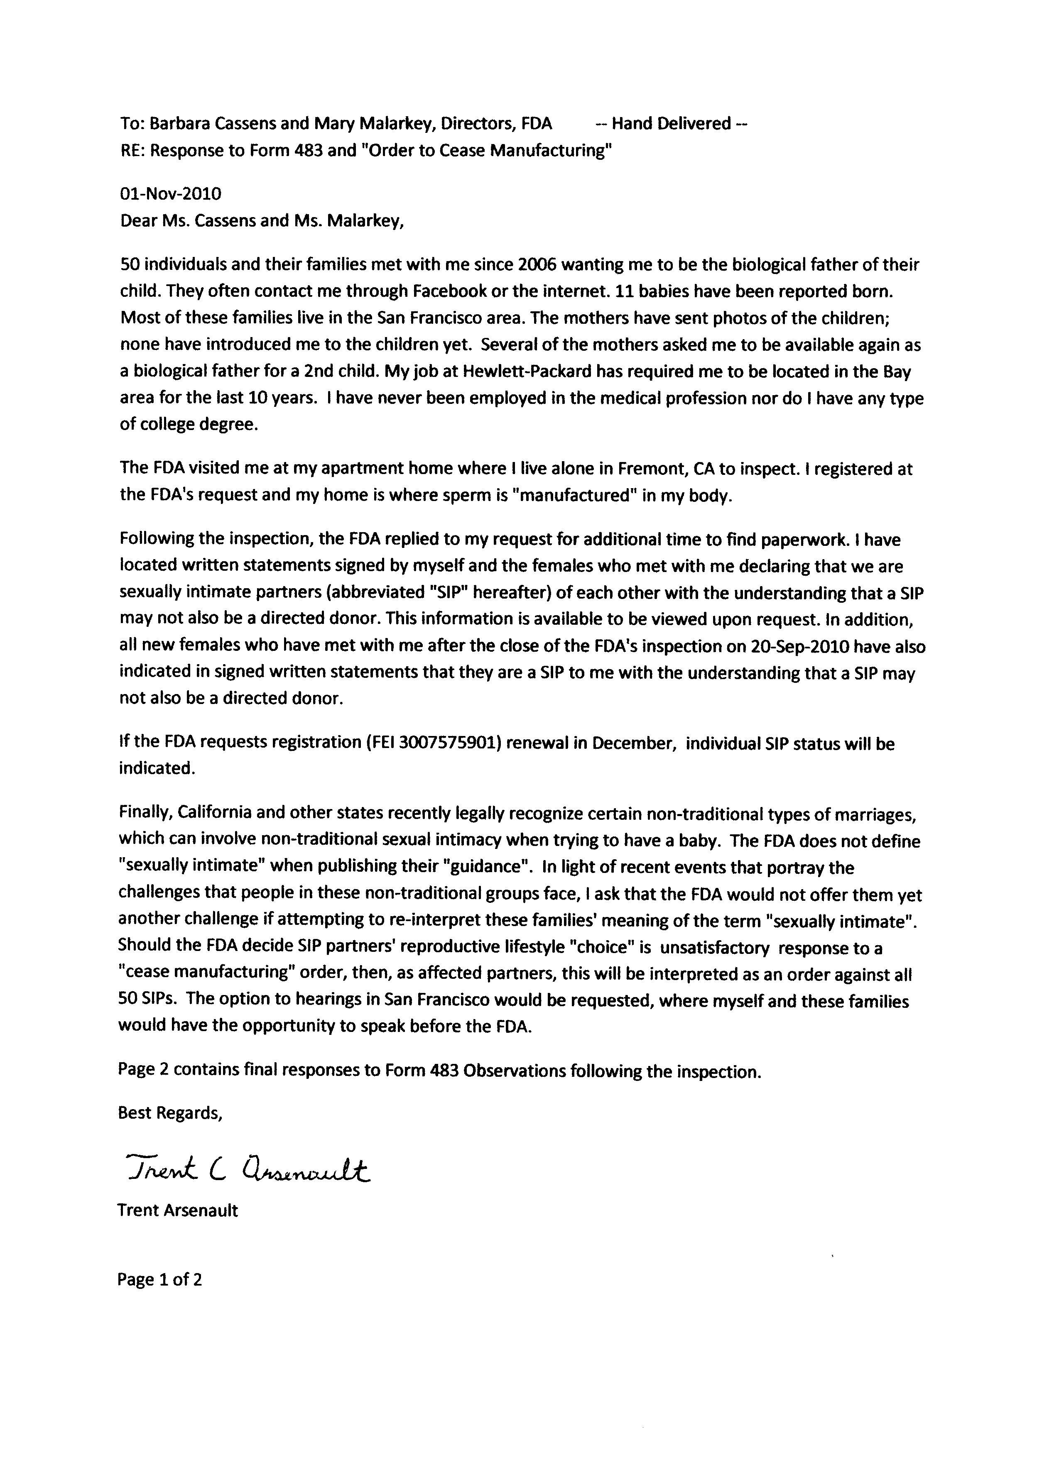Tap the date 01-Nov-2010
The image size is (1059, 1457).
(x=170, y=193)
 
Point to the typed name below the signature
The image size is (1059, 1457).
(x=177, y=1211)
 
